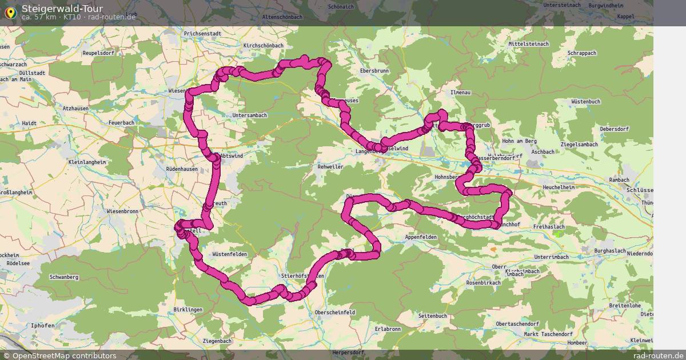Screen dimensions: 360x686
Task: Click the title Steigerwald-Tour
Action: click(x=62, y=9)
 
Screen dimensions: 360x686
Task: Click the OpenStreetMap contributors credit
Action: click(x=59, y=355)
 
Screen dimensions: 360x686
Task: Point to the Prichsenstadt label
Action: click(x=202, y=34)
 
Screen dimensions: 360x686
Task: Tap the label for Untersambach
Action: click(x=250, y=115)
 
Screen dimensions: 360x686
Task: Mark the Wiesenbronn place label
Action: click(x=123, y=211)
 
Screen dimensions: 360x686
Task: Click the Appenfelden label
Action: click(x=421, y=237)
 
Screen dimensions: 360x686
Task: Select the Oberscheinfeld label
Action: click(x=335, y=313)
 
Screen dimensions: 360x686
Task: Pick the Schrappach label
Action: click(x=582, y=53)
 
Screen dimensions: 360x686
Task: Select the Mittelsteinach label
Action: click(x=529, y=43)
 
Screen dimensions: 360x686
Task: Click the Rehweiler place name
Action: click(x=330, y=167)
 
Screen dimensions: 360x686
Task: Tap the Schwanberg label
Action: click(x=64, y=277)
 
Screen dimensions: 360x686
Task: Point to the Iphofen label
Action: click(x=43, y=326)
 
